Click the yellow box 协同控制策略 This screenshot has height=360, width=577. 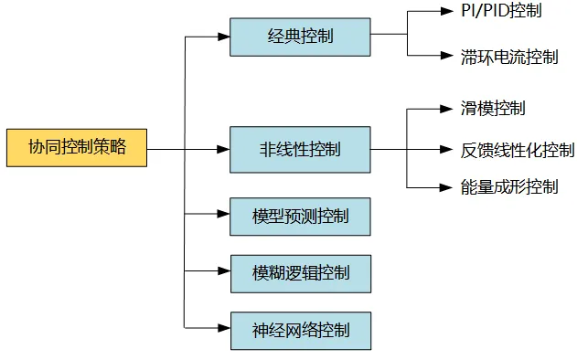(76, 147)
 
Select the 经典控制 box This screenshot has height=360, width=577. (300, 37)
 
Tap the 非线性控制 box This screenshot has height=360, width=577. (300, 147)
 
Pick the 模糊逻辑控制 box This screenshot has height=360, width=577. (300, 272)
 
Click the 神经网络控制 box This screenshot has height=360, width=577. (300, 327)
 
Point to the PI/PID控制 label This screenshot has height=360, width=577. (501, 12)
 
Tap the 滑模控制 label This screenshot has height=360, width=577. (494, 109)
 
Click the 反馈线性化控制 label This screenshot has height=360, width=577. (518, 148)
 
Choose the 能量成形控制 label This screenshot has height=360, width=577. (509, 187)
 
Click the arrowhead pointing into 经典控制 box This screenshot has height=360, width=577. (223, 37)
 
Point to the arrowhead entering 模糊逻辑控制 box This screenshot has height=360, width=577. (223, 272)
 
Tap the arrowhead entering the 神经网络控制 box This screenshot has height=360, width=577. (223, 327)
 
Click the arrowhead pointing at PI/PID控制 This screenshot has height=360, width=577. (448, 12)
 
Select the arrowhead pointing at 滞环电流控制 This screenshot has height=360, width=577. (448, 57)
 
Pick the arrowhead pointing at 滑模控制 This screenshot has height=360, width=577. (448, 109)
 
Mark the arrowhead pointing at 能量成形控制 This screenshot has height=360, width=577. (448, 187)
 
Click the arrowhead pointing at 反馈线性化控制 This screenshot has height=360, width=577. (448, 148)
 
